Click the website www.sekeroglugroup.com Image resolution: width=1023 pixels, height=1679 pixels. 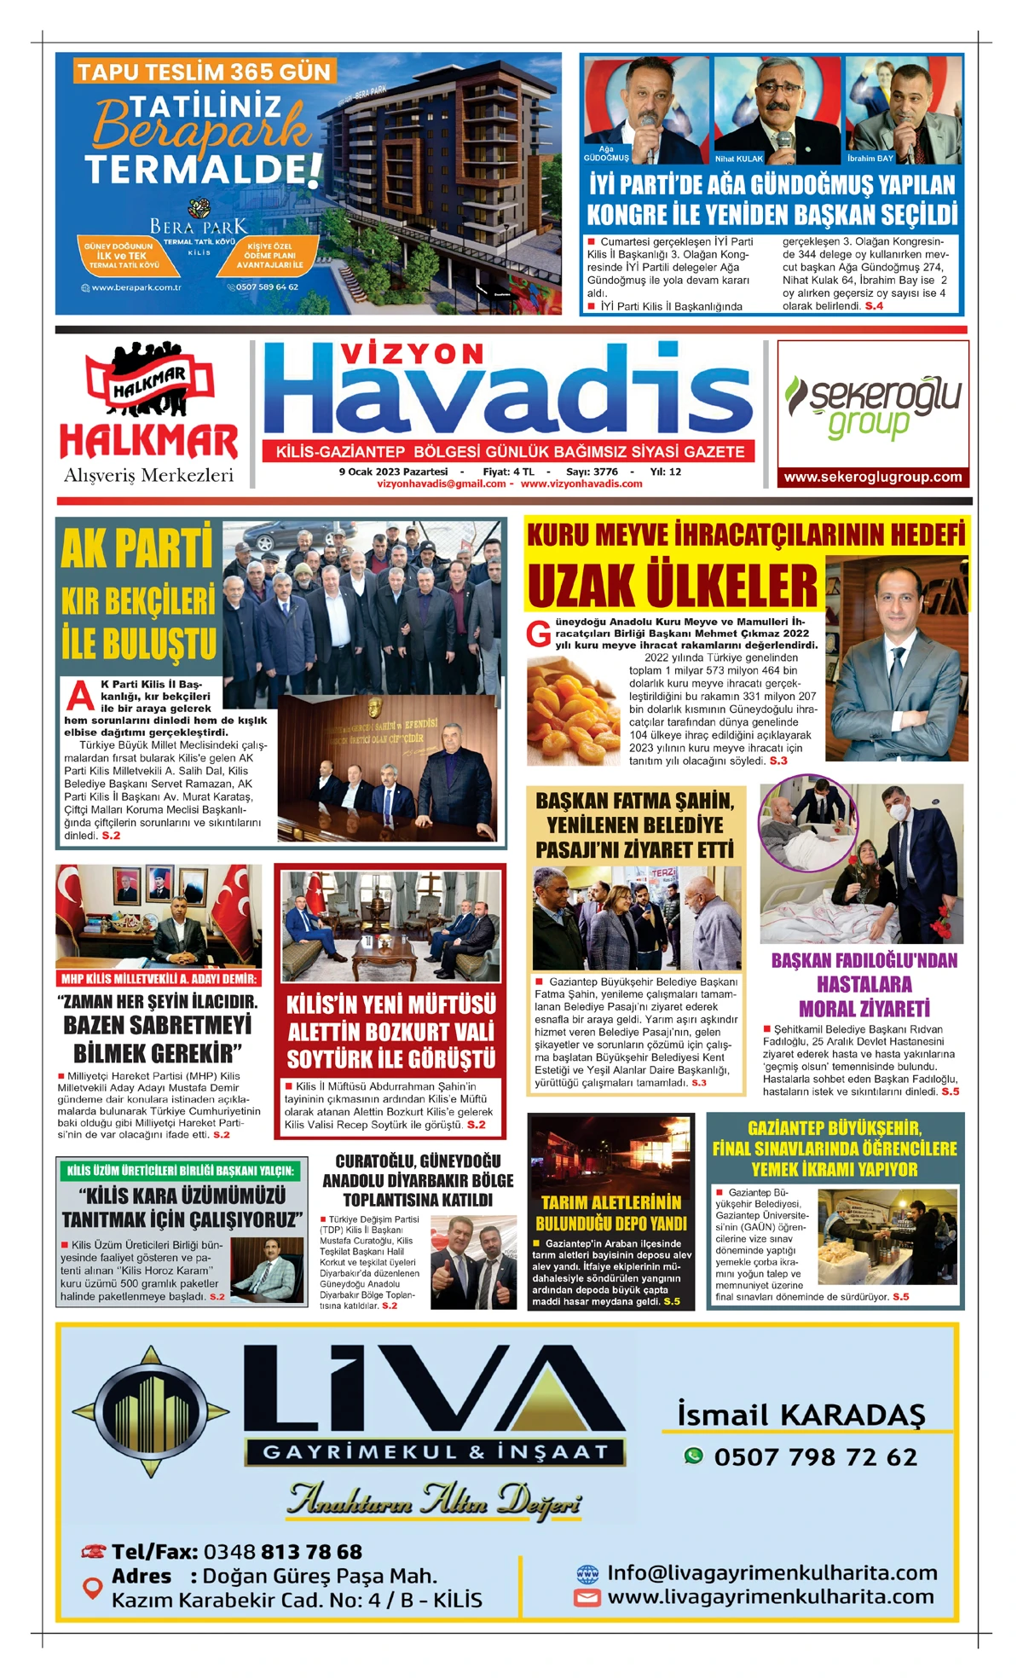pyautogui.click(x=873, y=478)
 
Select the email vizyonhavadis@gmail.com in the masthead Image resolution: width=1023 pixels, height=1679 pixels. pyautogui.click(x=442, y=483)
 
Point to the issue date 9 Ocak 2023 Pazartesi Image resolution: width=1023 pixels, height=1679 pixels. pyautogui.click(x=393, y=472)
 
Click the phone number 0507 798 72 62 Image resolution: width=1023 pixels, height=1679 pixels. pyautogui.click(x=815, y=1457)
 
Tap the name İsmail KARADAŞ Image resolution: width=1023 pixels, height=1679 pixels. pyautogui.click(x=801, y=1414)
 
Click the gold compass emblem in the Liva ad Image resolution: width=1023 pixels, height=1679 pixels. pyautogui.click(x=151, y=1411)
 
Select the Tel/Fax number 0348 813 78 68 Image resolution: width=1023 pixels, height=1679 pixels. pyautogui.click(x=282, y=1551)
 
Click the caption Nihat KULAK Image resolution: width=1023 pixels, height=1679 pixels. pyautogui.click(x=738, y=159)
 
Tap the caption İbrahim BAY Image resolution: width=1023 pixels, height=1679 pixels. pyautogui.click(x=870, y=159)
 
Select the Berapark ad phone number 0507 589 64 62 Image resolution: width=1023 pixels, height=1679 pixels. pyautogui.click(x=267, y=287)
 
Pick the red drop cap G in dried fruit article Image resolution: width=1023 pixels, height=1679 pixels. pyautogui.click(x=538, y=634)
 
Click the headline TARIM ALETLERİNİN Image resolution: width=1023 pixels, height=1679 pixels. pyautogui.click(x=610, y=1203)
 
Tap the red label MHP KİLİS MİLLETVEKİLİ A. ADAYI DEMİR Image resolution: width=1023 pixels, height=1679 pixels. pyautogui.click(x=159, y=978)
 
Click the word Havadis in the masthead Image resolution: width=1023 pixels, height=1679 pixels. pyautogui.click(x=508, y=393)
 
